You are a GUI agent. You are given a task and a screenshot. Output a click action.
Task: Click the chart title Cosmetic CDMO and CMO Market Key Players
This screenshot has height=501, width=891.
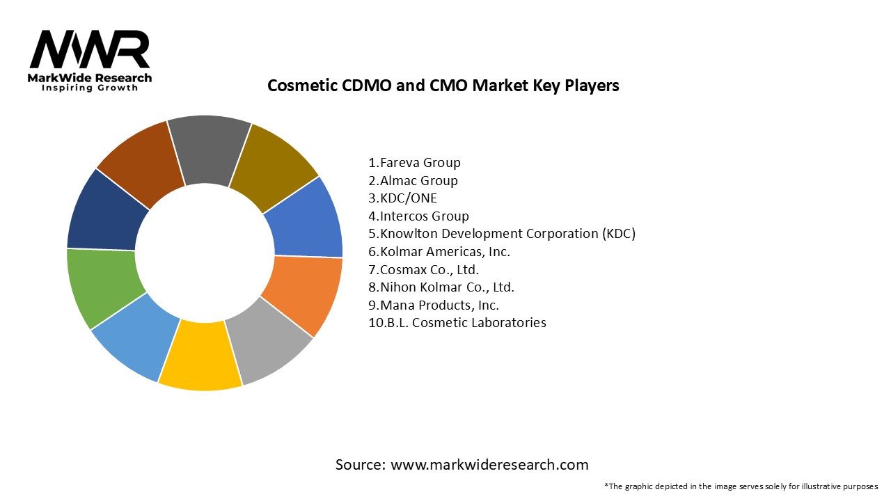tap(443, 86)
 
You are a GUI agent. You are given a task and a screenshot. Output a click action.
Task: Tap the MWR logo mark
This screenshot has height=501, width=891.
tap(89, 49)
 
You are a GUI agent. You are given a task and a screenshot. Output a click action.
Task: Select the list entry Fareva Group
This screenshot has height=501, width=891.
tap(414, 163)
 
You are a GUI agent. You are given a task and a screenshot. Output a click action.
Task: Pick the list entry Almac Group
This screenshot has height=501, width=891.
tap(413, 181)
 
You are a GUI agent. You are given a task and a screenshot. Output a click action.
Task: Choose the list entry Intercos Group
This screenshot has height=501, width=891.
tap(418, 216)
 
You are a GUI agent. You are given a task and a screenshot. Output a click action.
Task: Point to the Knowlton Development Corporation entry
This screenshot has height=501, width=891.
tap(502, 234)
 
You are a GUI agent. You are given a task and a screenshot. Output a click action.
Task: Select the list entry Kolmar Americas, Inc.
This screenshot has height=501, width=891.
tap(439, 252)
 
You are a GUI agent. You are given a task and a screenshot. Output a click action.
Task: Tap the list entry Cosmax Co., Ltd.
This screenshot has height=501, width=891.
tap(423, 269)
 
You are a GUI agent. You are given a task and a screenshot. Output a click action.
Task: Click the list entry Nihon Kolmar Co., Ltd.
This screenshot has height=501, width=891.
tap(441, 287)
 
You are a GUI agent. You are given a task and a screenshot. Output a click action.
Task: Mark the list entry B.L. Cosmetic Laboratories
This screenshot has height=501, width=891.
tap(457, 323)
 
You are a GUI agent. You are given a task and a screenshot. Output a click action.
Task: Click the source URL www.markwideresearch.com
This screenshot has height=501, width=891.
tap(489, 465)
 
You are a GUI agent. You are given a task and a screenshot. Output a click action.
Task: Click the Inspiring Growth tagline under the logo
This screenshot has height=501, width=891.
tap(89, 88)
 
